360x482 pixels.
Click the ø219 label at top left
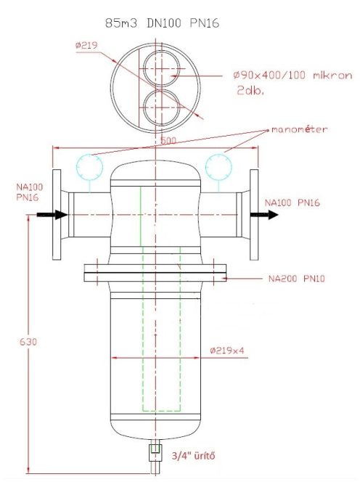pyautogui.click(x=86, y=45)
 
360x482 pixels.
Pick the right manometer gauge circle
pyautogui.click(x=218, y=166)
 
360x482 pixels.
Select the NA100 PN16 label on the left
pyautogui.click(x=27, y=192)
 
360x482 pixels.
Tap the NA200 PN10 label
pyautogui.click(x=294, y=278)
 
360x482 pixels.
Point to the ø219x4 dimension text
pyautogui.click(x=226, y=350)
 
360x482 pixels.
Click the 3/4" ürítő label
pyautogui.click(x=192, y=456)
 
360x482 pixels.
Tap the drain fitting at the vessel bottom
pyautogui.click(x=155, y=451)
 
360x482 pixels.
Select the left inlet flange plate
pyautogui.click(x=58, y=215)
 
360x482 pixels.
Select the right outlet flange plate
pyautogui.click(x=255, y=215)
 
